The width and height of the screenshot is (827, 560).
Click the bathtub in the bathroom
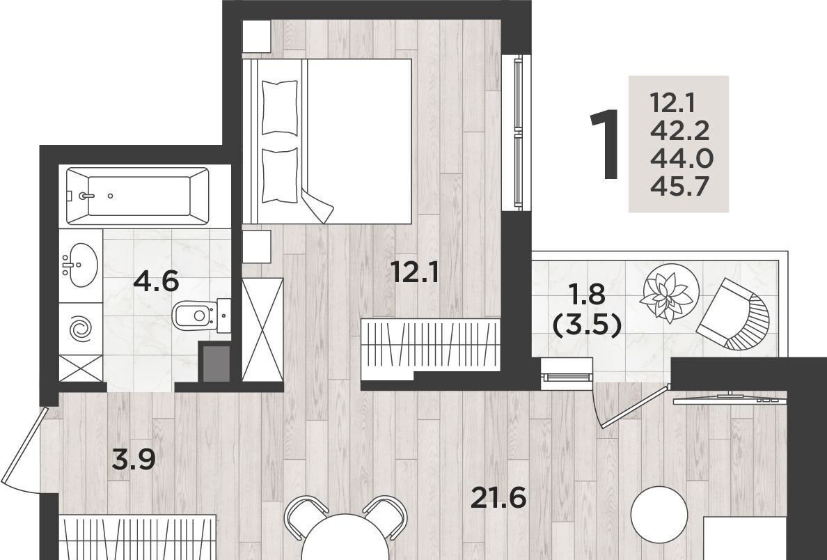[x=139, y=196]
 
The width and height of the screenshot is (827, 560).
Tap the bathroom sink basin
[x=80, y=265]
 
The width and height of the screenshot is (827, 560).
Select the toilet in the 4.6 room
[x=201, y=316]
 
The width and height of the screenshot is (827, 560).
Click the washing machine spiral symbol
[x=81, y=329]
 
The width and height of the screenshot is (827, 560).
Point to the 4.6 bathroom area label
[x=156, y=281]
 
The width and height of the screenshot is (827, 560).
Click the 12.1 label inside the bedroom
[x=415, y=273]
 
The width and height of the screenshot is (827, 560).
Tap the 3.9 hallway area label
[x=134, y=459]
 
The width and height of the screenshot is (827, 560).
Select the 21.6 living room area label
[x=498, y=498]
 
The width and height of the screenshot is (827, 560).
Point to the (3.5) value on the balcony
[x=585, y=326]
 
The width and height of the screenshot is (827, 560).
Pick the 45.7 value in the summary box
[x=679, y=186]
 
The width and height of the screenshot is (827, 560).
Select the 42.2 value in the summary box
[x=679, y=130]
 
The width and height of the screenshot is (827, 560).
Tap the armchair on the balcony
[x=734, y=315]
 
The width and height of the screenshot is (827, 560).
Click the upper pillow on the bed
[x=280, y=107]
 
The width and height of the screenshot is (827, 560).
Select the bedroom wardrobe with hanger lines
[x=430, y=345]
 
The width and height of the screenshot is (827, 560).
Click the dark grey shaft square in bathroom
[x=216, y=363]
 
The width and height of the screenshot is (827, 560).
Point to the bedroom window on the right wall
[x=518, y=132]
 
